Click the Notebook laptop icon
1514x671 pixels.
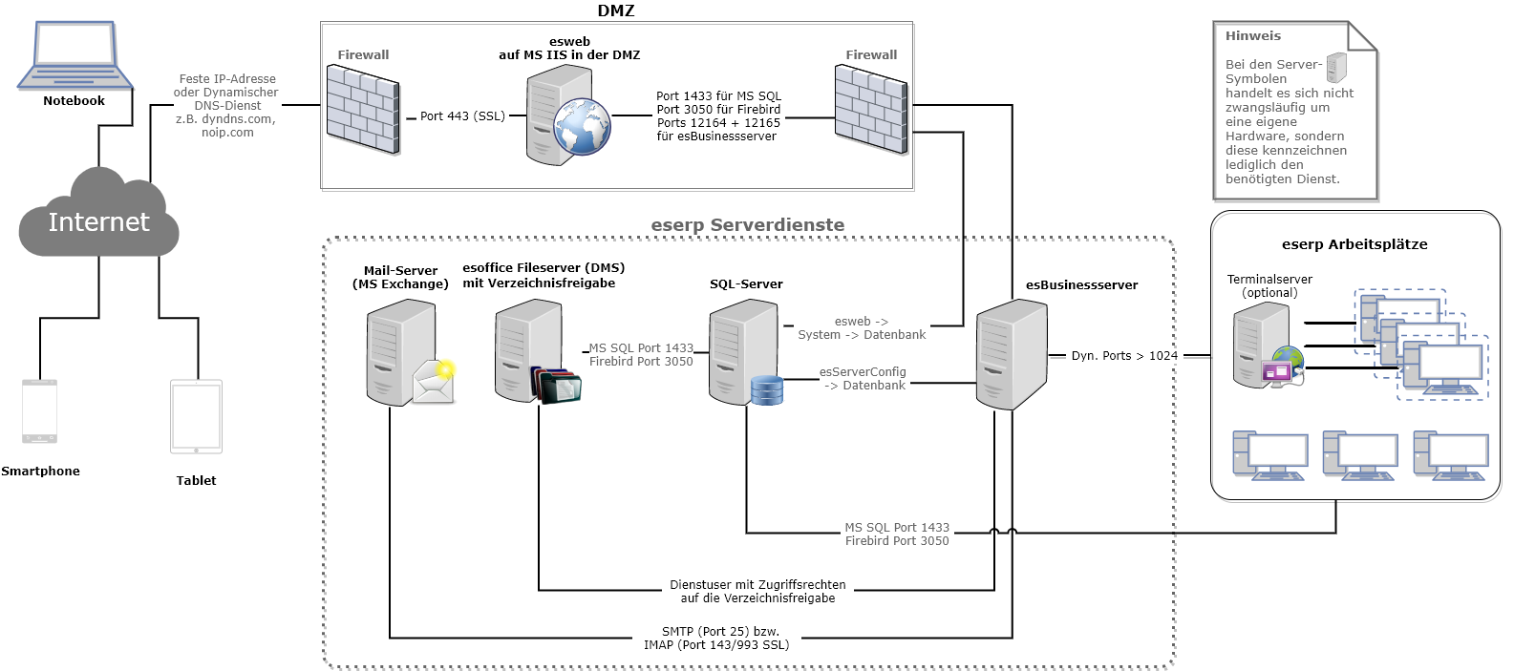(74, 57)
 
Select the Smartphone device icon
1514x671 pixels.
(39, 412)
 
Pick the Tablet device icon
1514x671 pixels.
(196, 417)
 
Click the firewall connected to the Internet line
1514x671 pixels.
(363, 113)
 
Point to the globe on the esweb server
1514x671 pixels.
(582, 127)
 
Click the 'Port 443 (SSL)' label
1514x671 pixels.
(462, 116)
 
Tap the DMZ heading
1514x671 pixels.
(616, 11)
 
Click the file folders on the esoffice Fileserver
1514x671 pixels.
(556, 385)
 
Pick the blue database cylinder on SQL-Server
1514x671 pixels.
(766, 389)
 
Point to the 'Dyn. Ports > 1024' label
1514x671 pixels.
(1124, 356)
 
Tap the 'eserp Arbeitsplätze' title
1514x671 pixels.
(1354, 244)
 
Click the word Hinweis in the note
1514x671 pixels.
(1252, 36)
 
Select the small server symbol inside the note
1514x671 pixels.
(1336, 68)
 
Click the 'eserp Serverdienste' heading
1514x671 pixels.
(747, 225)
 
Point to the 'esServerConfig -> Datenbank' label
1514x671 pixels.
(864, 379)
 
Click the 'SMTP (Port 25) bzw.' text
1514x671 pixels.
(720, 632)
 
